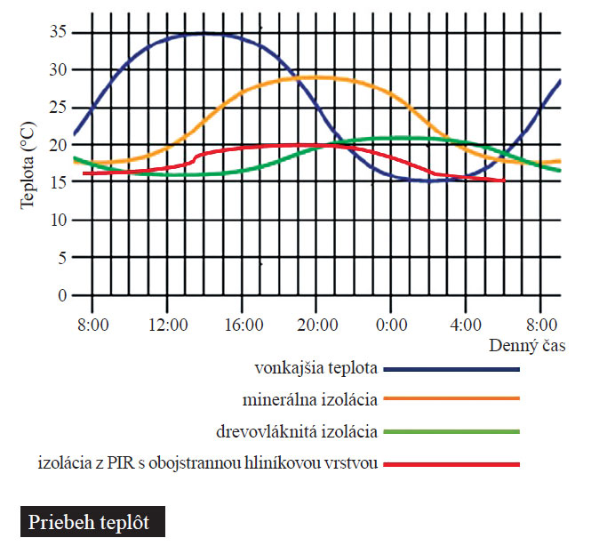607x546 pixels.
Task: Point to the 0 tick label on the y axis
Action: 60,295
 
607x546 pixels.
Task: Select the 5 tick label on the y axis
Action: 60,258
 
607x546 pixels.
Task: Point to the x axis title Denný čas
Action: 528,343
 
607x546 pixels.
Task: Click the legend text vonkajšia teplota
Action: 315,367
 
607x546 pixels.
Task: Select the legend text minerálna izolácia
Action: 310,398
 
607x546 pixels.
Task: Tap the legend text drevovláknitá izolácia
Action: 297,431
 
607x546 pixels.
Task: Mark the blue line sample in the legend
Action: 451,368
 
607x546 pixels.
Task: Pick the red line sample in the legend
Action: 451,464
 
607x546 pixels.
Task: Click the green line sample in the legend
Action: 451,432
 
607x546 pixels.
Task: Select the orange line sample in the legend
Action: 451,399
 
